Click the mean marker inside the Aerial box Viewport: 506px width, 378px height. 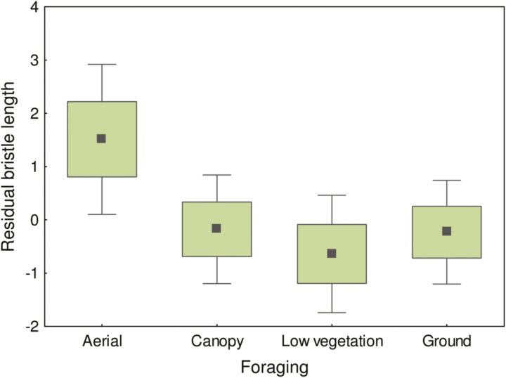pyautogui.click(x=101, y=138)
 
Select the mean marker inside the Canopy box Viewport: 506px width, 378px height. pyautogui.click(x=216, y=228)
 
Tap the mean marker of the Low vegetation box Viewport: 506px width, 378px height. pyautogui.click(x=332, y=253)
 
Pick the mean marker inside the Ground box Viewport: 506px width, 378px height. pyautogui.click(x=446, y=230)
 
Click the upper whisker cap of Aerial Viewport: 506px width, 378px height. pyautogui.click(x=101, y=65)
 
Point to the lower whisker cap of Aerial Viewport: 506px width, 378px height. pyautogui.click(x=101, y=214)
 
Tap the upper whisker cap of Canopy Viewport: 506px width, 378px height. pyautogui.click(x=216, y=174)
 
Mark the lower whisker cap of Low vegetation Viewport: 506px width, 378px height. pyautogui.click(x=332, y=312)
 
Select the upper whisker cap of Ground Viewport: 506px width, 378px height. pyautogui.click(x=446, y=180)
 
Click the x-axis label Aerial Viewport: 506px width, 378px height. pyautogui.click(x=101, y=342)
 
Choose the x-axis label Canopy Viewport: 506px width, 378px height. pyautogui.click(x=216, y=342)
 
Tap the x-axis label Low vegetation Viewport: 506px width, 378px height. pyautogui.click(x=332, y=342)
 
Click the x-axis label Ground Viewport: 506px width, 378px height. pyautogui.click(x=446, y=342)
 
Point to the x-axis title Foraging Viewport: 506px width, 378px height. pyautogui.click(x=275, y=366)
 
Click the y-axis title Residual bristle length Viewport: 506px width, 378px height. pyautogui.click(x=9, y=167)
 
